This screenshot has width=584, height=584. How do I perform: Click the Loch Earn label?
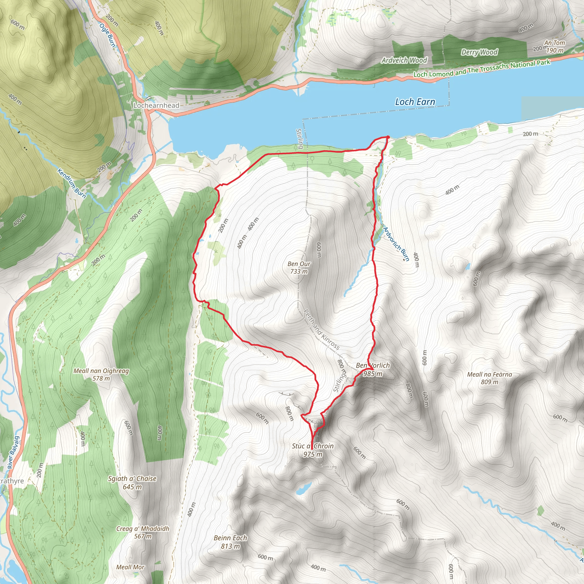coord(415,102)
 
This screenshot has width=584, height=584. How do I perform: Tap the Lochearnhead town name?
coord(156,106)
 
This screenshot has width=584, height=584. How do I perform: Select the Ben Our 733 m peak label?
coord(299,267)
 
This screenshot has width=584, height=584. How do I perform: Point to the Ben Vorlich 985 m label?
coord(373,369)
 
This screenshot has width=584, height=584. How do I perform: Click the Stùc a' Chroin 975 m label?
coord(313,450)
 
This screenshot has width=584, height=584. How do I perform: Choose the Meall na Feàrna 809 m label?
coord(489,378)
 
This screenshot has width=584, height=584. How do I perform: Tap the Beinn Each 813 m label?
coord(230,542)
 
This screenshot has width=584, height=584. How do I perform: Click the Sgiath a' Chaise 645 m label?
coord(132,482)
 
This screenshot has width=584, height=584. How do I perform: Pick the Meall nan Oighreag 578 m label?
coord(101,374)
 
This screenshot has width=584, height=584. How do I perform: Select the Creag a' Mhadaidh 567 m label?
coord(143,532)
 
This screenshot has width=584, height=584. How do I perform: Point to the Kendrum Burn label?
coord(72,183)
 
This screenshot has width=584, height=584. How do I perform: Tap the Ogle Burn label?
coord(107,35)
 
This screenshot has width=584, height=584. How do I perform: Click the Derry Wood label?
coord(479,52)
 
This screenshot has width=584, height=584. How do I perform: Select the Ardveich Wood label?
coord(404,60)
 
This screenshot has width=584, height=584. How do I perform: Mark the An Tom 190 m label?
coord(555,46)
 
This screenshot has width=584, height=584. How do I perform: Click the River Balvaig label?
coord(14,452)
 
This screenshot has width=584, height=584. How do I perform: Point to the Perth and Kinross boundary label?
coord(321,329)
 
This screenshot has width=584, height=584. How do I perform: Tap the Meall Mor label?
coord(130,567)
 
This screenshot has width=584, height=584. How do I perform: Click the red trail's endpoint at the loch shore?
coord(388,137)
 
